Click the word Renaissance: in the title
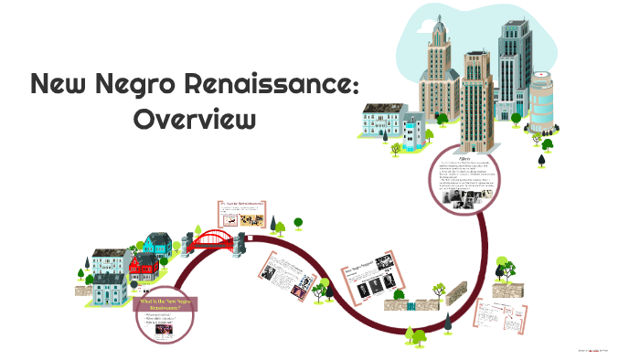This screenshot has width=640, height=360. coord(275,85)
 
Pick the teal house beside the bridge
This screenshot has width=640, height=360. coord(157,243)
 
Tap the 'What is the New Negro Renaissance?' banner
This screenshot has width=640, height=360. coord(166,304)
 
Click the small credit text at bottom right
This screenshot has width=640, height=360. coord(605,352)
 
